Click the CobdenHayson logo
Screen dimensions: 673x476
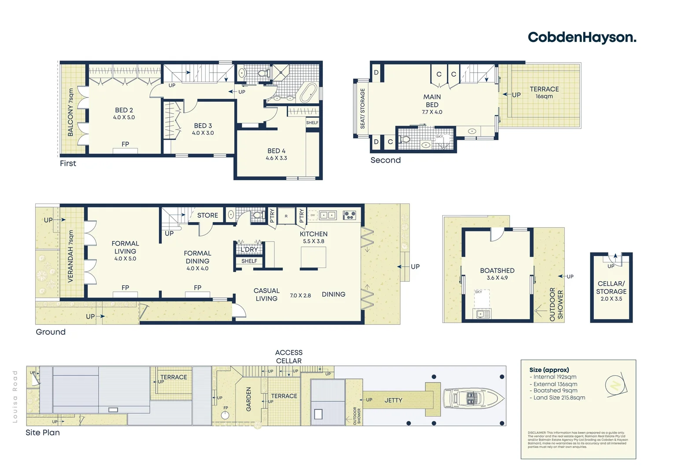tap(581, 37)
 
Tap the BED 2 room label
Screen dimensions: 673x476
tap(124, 110)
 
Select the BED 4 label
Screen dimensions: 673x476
tap(276, 151)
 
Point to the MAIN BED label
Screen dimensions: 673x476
tap(432, 101)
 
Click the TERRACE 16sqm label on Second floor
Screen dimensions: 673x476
tap(544, 92)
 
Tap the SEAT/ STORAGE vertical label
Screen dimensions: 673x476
tap(362, 108)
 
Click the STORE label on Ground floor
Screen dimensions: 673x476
tap(207, 216)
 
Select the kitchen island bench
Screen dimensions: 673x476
tap(313, 257)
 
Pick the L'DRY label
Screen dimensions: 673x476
tap(249, 249)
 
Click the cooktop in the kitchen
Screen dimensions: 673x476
tap(349, 215)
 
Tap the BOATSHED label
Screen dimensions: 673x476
tap(497, 271)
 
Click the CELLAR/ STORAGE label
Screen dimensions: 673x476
tap(611, 287)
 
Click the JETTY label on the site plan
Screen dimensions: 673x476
tap(393, 401)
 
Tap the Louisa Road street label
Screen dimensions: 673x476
tap(15, 396)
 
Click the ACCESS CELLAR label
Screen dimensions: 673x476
tap(288, 357)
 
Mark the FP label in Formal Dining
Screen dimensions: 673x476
tap(197, 288)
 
